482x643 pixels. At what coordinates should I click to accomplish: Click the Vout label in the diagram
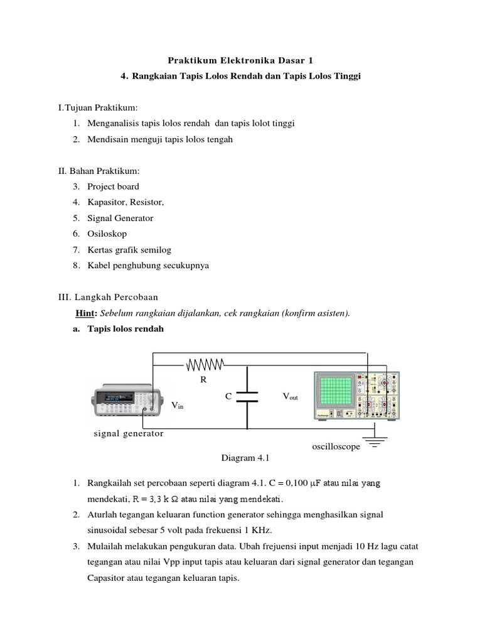(293, 397)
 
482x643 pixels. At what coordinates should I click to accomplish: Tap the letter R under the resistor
(203, 381)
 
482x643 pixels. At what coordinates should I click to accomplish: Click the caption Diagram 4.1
(240, 458)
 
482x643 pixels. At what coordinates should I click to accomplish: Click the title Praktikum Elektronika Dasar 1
(240, 60)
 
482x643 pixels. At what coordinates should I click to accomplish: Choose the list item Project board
(113, 186)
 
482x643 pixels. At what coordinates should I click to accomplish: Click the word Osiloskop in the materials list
(107, 234)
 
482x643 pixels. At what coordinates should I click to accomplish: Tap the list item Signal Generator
(120, 218)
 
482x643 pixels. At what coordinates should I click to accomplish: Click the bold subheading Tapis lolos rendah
(126, 328)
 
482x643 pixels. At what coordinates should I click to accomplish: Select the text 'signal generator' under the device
(129, 434)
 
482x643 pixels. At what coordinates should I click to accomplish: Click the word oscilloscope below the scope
(336, 446)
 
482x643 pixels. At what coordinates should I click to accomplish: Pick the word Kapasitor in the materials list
(106, 202)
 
